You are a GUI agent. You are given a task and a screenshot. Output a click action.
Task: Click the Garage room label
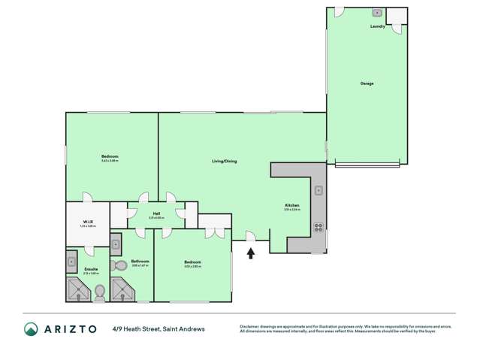pyautogui.click(x=367, y=83)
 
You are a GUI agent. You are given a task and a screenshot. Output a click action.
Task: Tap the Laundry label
pyautogui.click(x=378, y=27)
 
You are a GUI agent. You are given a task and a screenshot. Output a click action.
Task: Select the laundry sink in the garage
pyautogui.click(x=378, y=14)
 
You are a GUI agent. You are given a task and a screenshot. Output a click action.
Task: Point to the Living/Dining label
pyautogui.click(x=225, y=161)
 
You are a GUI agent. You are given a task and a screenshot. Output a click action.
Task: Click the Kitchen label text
pyautogui.click(x=292, y=205)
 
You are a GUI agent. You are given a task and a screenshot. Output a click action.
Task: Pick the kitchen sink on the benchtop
pyautogui.click(x=318, y=190)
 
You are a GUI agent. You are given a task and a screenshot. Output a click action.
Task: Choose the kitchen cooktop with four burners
pyautogui.click(x=318, y=226)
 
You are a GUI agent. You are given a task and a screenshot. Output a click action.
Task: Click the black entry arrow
pyautogui.click(x=251, y=254)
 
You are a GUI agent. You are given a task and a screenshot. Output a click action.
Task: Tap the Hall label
pyautogui.click(x=156, y=213)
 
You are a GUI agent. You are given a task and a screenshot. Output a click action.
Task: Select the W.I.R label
pyautogui.click(x=87, y=222)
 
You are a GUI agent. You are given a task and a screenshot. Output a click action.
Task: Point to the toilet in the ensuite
pyautogui.click(x=99, y=291)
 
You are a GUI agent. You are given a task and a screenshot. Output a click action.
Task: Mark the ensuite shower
pyautogui.click(x=77, y=289)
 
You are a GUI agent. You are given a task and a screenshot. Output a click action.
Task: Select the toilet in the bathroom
pyautogui.click(x=119, y=265)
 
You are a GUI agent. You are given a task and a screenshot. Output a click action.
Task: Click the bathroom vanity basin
pyautogui.click(x=116, y=243)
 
